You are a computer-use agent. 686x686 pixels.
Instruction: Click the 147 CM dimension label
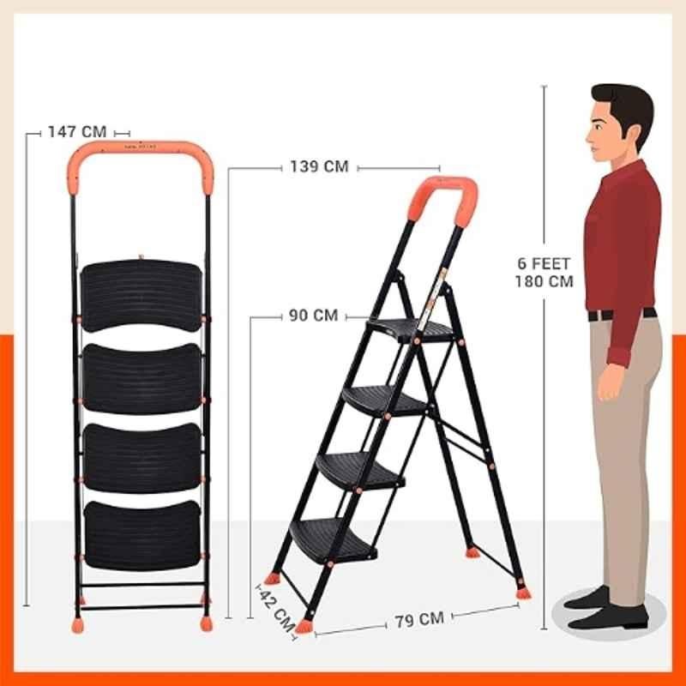[x=77, y=132]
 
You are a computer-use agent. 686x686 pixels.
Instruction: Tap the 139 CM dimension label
[x=319, y=166]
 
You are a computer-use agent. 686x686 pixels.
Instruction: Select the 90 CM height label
[x=313, y=316]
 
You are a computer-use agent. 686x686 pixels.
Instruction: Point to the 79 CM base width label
[x=419, y=619]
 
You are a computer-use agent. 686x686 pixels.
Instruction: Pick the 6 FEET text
[x=544, y=263]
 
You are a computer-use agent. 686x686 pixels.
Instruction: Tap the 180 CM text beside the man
[x=544, y=281]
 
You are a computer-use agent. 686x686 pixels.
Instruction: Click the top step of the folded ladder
[x=141, y=296]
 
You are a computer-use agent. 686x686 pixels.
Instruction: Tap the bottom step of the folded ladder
[x=142, y=535]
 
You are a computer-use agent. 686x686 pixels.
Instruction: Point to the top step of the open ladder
[x=411, y=330]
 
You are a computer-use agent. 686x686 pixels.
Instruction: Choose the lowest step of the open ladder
[x=333, y=540]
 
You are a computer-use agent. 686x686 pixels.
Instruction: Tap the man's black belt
[x=621, y=314]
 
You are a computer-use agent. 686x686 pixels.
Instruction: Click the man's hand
[x=611, y=382]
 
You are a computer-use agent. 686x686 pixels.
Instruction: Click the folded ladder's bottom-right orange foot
[x=206, y=623]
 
